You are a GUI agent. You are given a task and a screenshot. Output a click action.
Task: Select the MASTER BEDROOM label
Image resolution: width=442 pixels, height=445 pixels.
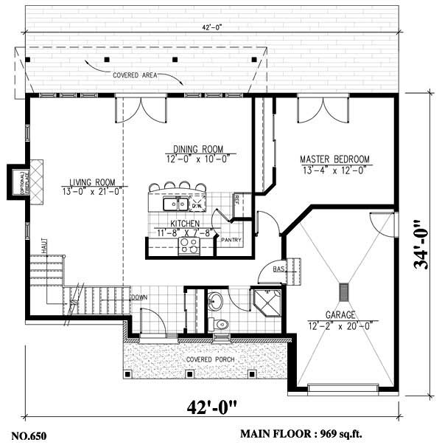[334, 159]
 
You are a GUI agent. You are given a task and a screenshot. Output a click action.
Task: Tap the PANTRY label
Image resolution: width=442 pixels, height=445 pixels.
[231, 239]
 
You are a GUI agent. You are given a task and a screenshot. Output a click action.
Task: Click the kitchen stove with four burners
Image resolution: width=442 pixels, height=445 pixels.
[188, 246]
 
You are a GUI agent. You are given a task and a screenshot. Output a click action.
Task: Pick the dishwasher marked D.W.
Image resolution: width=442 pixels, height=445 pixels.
[197, 204]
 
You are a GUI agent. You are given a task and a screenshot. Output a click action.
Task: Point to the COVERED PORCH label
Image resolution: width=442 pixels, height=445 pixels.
[211, 359]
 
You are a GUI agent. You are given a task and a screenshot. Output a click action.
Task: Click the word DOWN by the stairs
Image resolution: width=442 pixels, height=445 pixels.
[139, 297]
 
